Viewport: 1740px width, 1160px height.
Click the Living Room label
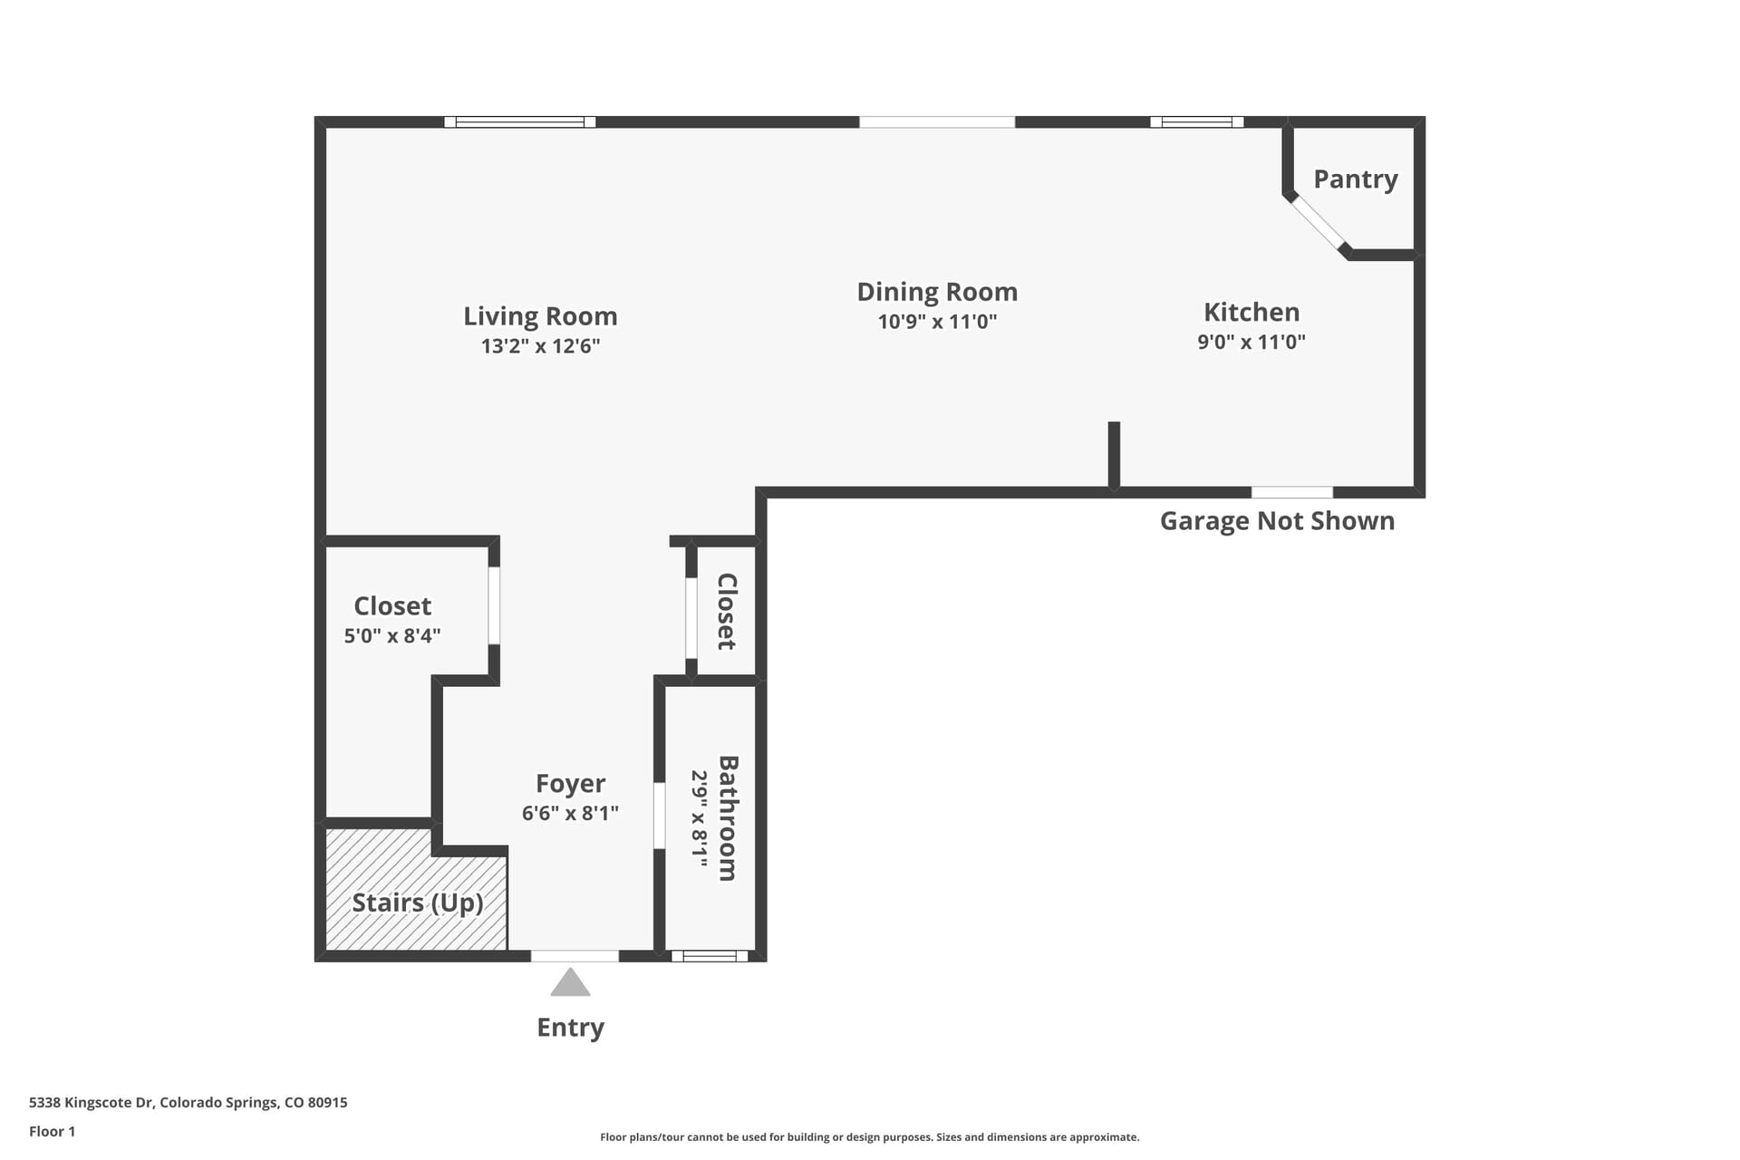(540, 316)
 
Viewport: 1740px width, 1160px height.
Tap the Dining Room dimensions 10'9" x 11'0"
(937, 322)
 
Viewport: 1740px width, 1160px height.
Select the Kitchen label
(1251, 312)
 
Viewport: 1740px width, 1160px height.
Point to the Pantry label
(1355, 179)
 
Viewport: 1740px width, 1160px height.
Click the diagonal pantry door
(1318, 223)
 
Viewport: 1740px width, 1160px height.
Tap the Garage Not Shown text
(1276, 521)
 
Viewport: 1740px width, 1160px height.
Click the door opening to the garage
(1291, 492)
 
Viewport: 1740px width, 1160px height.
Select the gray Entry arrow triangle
(570, 984)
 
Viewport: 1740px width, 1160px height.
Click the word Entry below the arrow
(570, 1028)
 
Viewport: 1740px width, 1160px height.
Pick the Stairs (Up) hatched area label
(417, 903)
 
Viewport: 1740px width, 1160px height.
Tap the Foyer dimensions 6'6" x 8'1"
(570, 813)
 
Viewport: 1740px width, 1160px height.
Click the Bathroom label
(728, 817)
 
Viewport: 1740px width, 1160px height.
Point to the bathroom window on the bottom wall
(710, 955)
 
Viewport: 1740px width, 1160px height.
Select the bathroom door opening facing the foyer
(659, 816)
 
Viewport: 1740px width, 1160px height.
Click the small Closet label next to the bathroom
(727, 611)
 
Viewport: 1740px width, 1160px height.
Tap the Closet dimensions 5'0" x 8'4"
(392, 635)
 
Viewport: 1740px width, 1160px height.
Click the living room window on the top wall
(520, 121)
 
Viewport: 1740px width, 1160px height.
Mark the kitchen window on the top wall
(1196, 121)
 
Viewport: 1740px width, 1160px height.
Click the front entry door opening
(575, 955)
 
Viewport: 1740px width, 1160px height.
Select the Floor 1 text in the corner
(52, 1131)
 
